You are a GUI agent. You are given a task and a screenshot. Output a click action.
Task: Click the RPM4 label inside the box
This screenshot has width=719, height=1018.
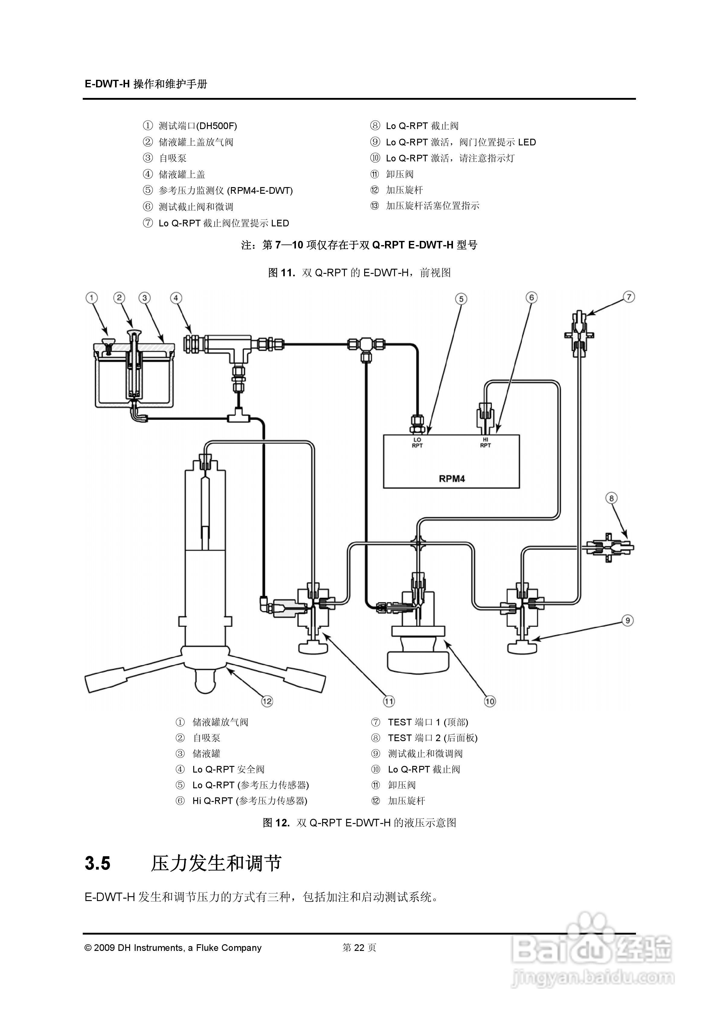tap(451, 478)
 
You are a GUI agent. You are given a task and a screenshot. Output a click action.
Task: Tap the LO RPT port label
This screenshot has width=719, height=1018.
tap(417, 443)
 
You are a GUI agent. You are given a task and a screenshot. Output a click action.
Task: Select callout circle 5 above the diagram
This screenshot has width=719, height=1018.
tap(461, 299)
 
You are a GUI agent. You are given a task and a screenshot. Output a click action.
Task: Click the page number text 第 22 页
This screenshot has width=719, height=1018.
tap(359, 948)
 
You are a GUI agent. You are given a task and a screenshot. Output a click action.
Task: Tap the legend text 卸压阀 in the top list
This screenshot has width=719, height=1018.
tap(400, 174)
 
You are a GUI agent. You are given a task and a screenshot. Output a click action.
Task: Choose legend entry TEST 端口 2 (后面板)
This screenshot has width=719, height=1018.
tap(432, 738)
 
